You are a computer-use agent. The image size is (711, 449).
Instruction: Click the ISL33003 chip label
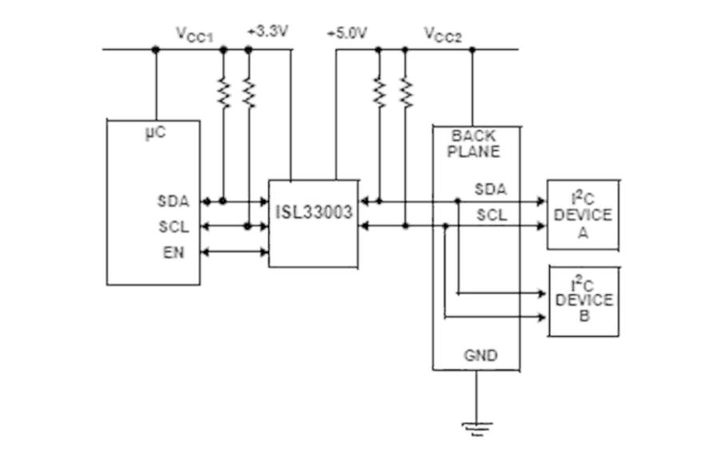click(314, 212)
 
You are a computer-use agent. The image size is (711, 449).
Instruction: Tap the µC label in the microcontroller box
click(156, 133)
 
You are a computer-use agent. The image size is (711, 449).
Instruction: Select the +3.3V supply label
click(268, 32)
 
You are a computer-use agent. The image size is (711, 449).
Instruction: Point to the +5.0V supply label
click(347, 33)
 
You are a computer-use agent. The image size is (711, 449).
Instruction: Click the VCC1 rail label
click(194, 34)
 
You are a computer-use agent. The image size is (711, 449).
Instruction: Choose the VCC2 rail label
click(443, 34)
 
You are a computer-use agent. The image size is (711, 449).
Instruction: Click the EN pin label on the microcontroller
click(173, 252)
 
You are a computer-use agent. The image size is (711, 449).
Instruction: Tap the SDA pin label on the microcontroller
click(173, 201)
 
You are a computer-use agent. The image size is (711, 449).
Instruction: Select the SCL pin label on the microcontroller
click(173, 226)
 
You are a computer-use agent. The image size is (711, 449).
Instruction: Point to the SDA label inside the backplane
click(491, 189)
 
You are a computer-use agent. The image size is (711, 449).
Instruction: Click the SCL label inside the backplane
click(491, 215)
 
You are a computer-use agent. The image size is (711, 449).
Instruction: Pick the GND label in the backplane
click(481, 355)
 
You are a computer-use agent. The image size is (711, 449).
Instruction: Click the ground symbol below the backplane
click(477, 428)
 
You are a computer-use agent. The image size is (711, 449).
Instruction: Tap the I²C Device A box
click(583, 215)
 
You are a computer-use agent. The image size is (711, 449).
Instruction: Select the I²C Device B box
click(584, 302)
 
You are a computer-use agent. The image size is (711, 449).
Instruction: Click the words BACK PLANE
click(474, 143)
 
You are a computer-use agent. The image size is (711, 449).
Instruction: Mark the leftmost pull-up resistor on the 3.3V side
click(223, 93)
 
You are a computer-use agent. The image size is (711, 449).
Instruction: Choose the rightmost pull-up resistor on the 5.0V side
click(406, 93)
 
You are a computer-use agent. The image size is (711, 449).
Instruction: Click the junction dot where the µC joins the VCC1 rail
click(156, 49)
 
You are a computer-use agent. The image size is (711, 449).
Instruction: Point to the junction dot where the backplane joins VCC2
click(472, 49)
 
